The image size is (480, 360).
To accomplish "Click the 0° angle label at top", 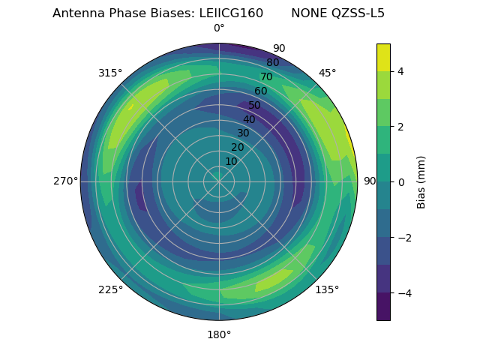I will coord(219,28).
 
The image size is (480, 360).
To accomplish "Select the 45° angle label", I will coord(327,73).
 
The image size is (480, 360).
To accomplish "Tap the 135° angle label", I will coord(327,290).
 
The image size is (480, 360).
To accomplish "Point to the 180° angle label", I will coord(219,334).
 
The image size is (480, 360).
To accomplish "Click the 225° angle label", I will coord(110,290).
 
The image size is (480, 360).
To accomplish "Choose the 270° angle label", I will coord(66,181).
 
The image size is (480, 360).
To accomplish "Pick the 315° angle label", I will coord(110,73).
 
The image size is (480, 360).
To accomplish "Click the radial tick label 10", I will coord(231,161).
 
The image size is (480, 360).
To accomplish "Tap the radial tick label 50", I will coord(255,106).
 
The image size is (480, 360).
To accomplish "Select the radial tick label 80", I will coord(272,63).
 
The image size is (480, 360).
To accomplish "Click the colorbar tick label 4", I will coord(400,71).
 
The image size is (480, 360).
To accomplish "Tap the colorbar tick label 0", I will coord(400,182).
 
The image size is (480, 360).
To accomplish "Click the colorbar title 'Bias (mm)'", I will coord(421,181).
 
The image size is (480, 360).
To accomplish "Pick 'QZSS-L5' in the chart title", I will coord(358,13).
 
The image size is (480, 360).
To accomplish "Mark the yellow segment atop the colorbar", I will coord(383,57).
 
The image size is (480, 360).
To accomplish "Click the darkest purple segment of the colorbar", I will coord(383,307).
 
